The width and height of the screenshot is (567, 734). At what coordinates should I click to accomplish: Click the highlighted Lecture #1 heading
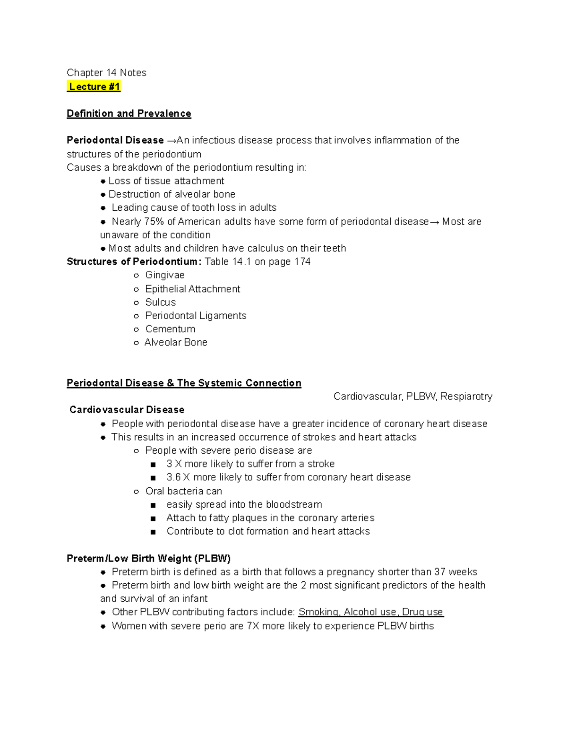pyautogui.click(x=94, y=86)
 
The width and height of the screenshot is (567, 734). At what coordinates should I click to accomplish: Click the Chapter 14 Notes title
pyautogui.click(x=106, y=73)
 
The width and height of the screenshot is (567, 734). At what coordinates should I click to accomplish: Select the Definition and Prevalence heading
pyautogui.click(x=129, y=113)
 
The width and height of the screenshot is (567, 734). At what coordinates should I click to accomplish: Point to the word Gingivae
pyautogui.click(x=164, y=275)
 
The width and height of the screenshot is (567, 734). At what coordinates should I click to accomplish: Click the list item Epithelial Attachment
pyautogui.click(x=192, y=289)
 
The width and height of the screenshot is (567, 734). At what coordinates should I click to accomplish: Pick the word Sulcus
pyautogui.click(x=160, y=302)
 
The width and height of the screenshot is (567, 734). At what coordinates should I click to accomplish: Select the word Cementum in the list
pyautogui.click(x=170, y=329)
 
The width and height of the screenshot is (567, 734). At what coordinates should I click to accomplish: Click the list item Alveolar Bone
pyautogui.click(x=175, y=343)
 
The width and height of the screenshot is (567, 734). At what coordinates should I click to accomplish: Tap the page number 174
pyautogui.click(x=302, y=262)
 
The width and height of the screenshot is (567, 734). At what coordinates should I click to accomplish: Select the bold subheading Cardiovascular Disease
pyautogui.click(x=127, y=410)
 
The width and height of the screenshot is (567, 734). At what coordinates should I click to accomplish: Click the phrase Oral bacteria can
pyautogui.click(x=183, y=491)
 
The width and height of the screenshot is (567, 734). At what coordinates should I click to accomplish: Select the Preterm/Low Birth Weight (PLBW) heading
pyautogui.click(x=148, y=559)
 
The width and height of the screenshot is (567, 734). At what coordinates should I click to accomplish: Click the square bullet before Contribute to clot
pyautogui.click(x=153, y=532)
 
